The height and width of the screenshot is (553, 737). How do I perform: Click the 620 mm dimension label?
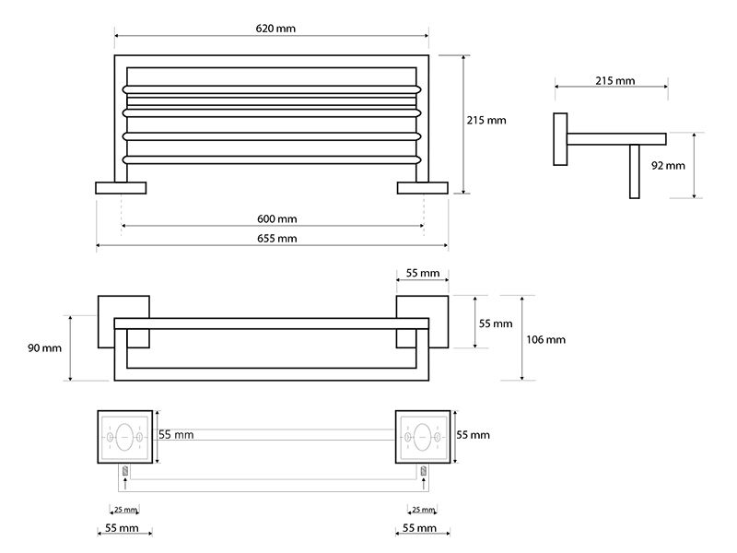pyautogui.click(x=275, y=29)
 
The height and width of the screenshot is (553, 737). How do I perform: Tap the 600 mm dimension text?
pyautogui.click(x=277, y=218)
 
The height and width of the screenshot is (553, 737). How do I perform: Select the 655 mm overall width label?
pyautogui.click(x=277, y=239)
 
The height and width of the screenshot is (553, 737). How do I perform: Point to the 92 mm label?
pyautogui.click(x=668, y=166)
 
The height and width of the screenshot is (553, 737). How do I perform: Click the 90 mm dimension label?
pyautogui.click(x=44, y=348)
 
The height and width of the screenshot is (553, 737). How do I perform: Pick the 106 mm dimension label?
pyautogui.click(x=545, y=339)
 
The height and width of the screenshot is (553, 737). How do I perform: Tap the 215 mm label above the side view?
pyautogui.click(x=614, y=81)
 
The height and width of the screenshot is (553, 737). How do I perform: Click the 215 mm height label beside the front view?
pyautogui.click(x=486, y=121)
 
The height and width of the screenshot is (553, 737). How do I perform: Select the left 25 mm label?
pyautogui.click(x=125, y=510)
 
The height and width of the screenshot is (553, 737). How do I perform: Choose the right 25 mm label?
pyautogui.click(x=423, y=510)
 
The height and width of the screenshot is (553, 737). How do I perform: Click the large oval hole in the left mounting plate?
pyautogui.click(x=124, y=437)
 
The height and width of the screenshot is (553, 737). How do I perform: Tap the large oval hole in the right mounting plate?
pyautogui.click(x=422, y=437)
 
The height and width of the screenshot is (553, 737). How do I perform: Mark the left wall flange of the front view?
pyautogui.click(x=121, y=188)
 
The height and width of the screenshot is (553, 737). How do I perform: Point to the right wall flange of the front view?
pyautogui.click(x=423, y=188)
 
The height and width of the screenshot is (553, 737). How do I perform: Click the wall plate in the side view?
pyautogui.click(x=560, y=139)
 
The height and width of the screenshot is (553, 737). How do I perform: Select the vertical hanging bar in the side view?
pyautogui.click(x=635, y=171)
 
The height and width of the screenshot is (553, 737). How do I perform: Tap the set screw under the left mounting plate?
pyautogui.click(x=125, y=470)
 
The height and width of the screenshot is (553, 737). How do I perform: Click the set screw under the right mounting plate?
pyautogui.click(x=423, y=470)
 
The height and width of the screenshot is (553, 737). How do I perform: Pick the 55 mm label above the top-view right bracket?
pyautogui.click(x=423, y=273)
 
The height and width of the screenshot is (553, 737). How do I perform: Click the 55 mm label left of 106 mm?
pyautogui.click(x=496, y=324)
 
